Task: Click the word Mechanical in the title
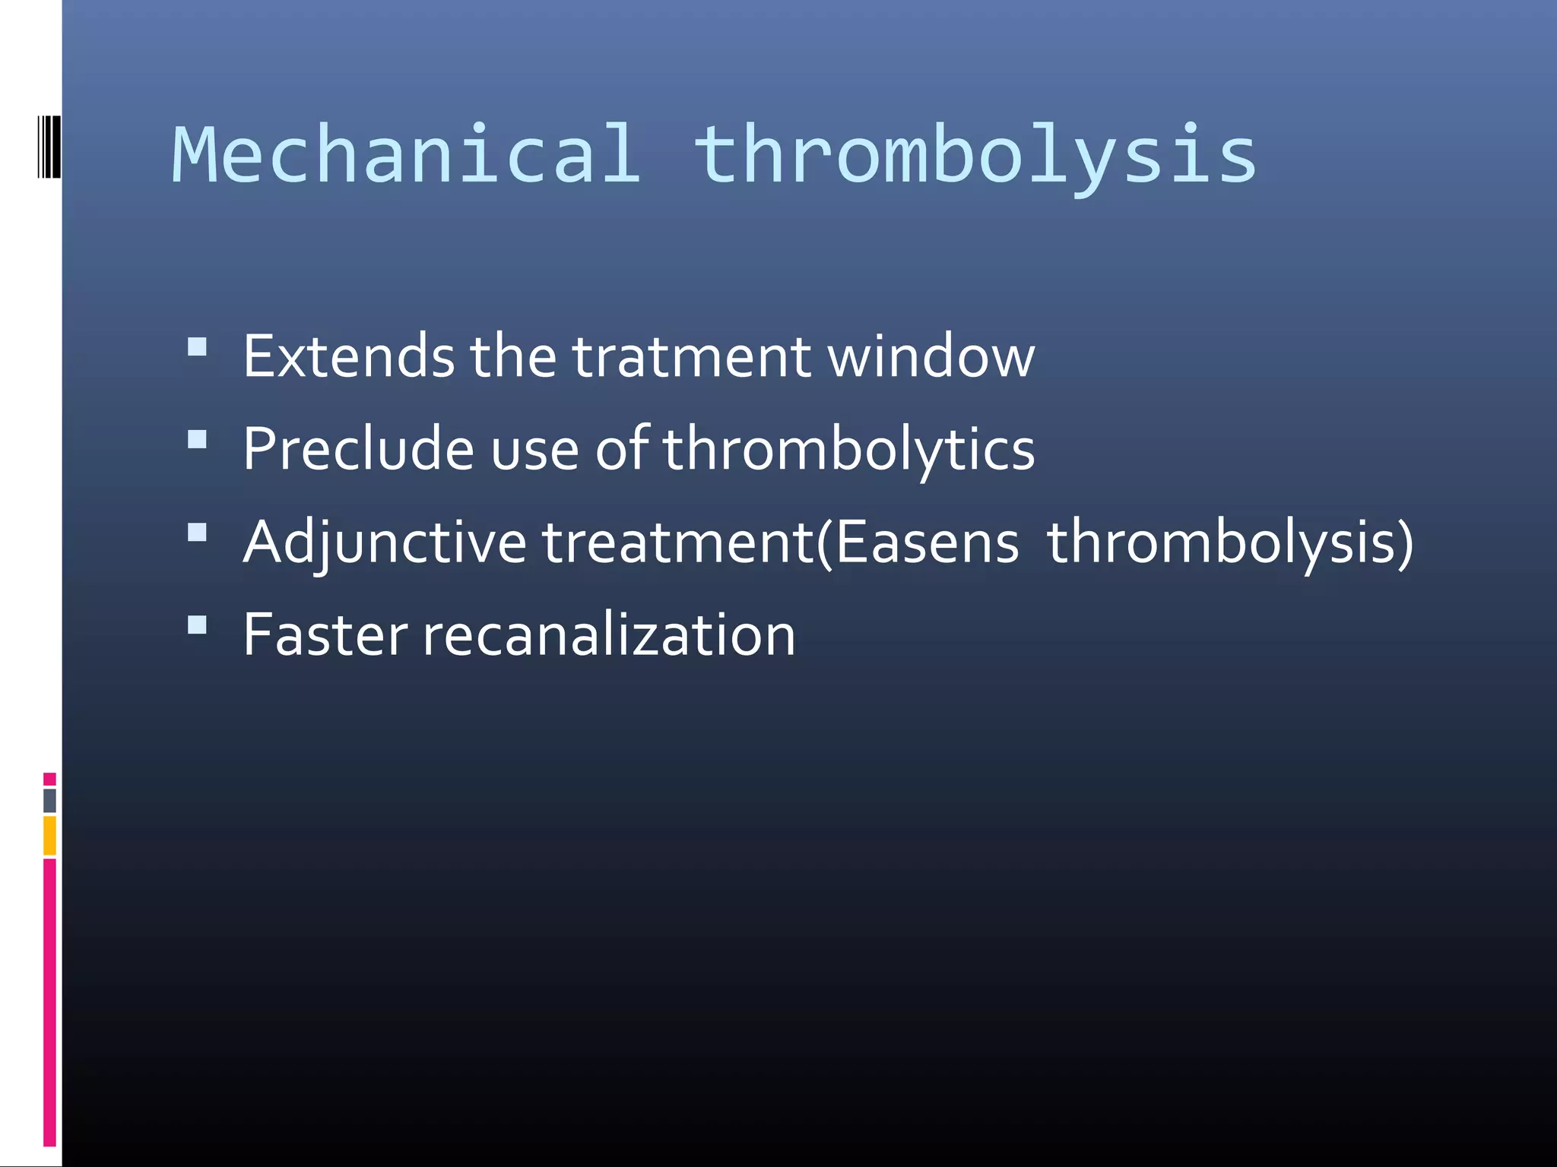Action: (407, 155)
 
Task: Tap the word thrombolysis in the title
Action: (976, 155)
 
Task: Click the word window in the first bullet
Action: (931, 356)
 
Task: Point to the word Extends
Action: (349, 356)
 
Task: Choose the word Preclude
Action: (358, 449)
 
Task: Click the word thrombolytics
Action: (848, 449)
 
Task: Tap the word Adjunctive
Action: (385, 542)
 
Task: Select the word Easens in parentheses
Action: (927, 542)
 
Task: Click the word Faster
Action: (325, 635)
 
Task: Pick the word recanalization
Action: (609, 635)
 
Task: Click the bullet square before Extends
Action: (198, 347)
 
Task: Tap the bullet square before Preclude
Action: (198, 440)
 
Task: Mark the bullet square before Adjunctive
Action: (198, 532)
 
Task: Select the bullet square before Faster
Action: (198, 625)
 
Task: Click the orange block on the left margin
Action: (49, 835)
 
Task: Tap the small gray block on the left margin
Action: (49, 800)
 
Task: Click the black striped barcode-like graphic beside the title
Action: (49, 147)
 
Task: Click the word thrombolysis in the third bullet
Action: (1229, 542)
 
